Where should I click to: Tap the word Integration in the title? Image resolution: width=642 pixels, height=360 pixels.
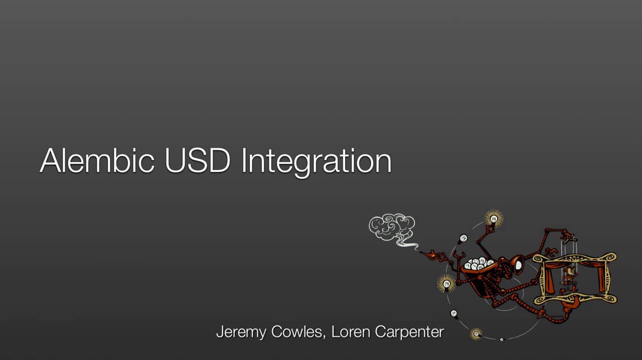(x=315, y=162)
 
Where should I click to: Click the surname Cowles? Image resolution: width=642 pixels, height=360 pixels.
(x=300, y=331)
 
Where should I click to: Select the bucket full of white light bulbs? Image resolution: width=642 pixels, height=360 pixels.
(x=478, y=265)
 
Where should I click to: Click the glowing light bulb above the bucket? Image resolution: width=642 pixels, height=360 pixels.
(x=494, y=219)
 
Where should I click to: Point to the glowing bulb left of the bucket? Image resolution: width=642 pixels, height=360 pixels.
(x=446, y=284)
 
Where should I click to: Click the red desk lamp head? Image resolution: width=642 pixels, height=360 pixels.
(x=517, y=263)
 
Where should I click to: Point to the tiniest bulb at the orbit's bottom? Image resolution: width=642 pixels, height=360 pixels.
(x=501, y=339)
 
